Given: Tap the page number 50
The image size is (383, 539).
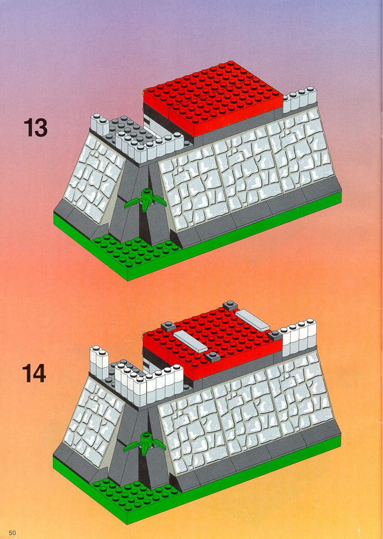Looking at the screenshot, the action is [13, 533].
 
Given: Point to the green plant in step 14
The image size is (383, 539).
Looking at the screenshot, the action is [145, 443].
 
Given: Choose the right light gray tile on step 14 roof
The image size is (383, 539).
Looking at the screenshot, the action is [252, 320].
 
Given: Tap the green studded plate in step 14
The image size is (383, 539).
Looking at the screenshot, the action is [136, 495].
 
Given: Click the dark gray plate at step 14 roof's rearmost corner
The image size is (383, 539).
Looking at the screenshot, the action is [230, 305].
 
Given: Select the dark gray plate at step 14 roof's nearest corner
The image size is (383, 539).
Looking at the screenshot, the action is [213, 357].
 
